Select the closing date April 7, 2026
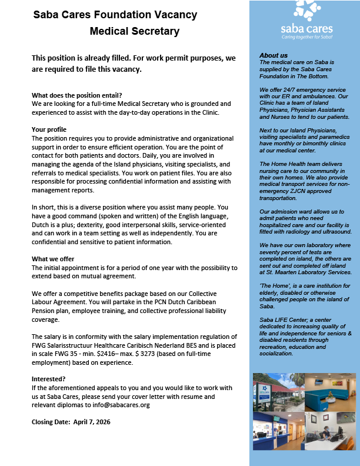pyautogui.click(x=88, y=422)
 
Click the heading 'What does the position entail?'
pyautogui.click(x=76, y=95)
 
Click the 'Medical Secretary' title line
pyautogui.click(x=135, y=31)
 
